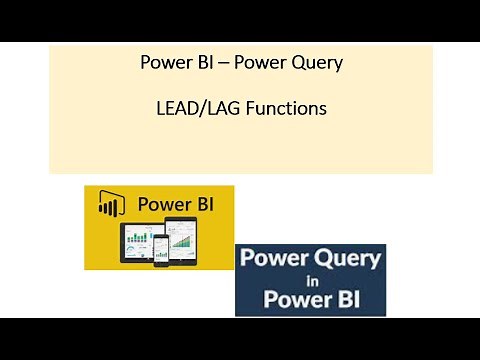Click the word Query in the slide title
pos(318,63)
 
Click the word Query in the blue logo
pos(347,260)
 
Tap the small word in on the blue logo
pos(311,279)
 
